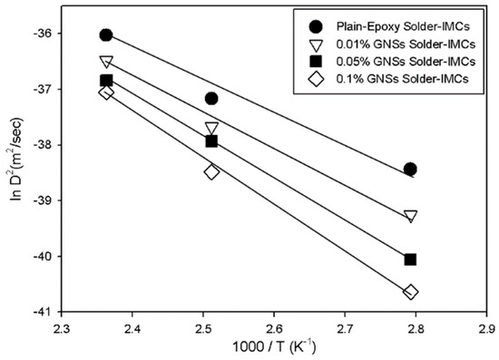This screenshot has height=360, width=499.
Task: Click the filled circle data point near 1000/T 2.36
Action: [x=106, y=34]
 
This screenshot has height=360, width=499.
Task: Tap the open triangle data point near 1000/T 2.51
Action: [x=211, y=129]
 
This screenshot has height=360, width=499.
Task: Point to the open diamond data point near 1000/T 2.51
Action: [x=211, y=171]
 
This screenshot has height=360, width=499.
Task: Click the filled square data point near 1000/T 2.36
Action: [x=106, y=80]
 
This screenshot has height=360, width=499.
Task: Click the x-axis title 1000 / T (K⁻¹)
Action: [x=274, y=350]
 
